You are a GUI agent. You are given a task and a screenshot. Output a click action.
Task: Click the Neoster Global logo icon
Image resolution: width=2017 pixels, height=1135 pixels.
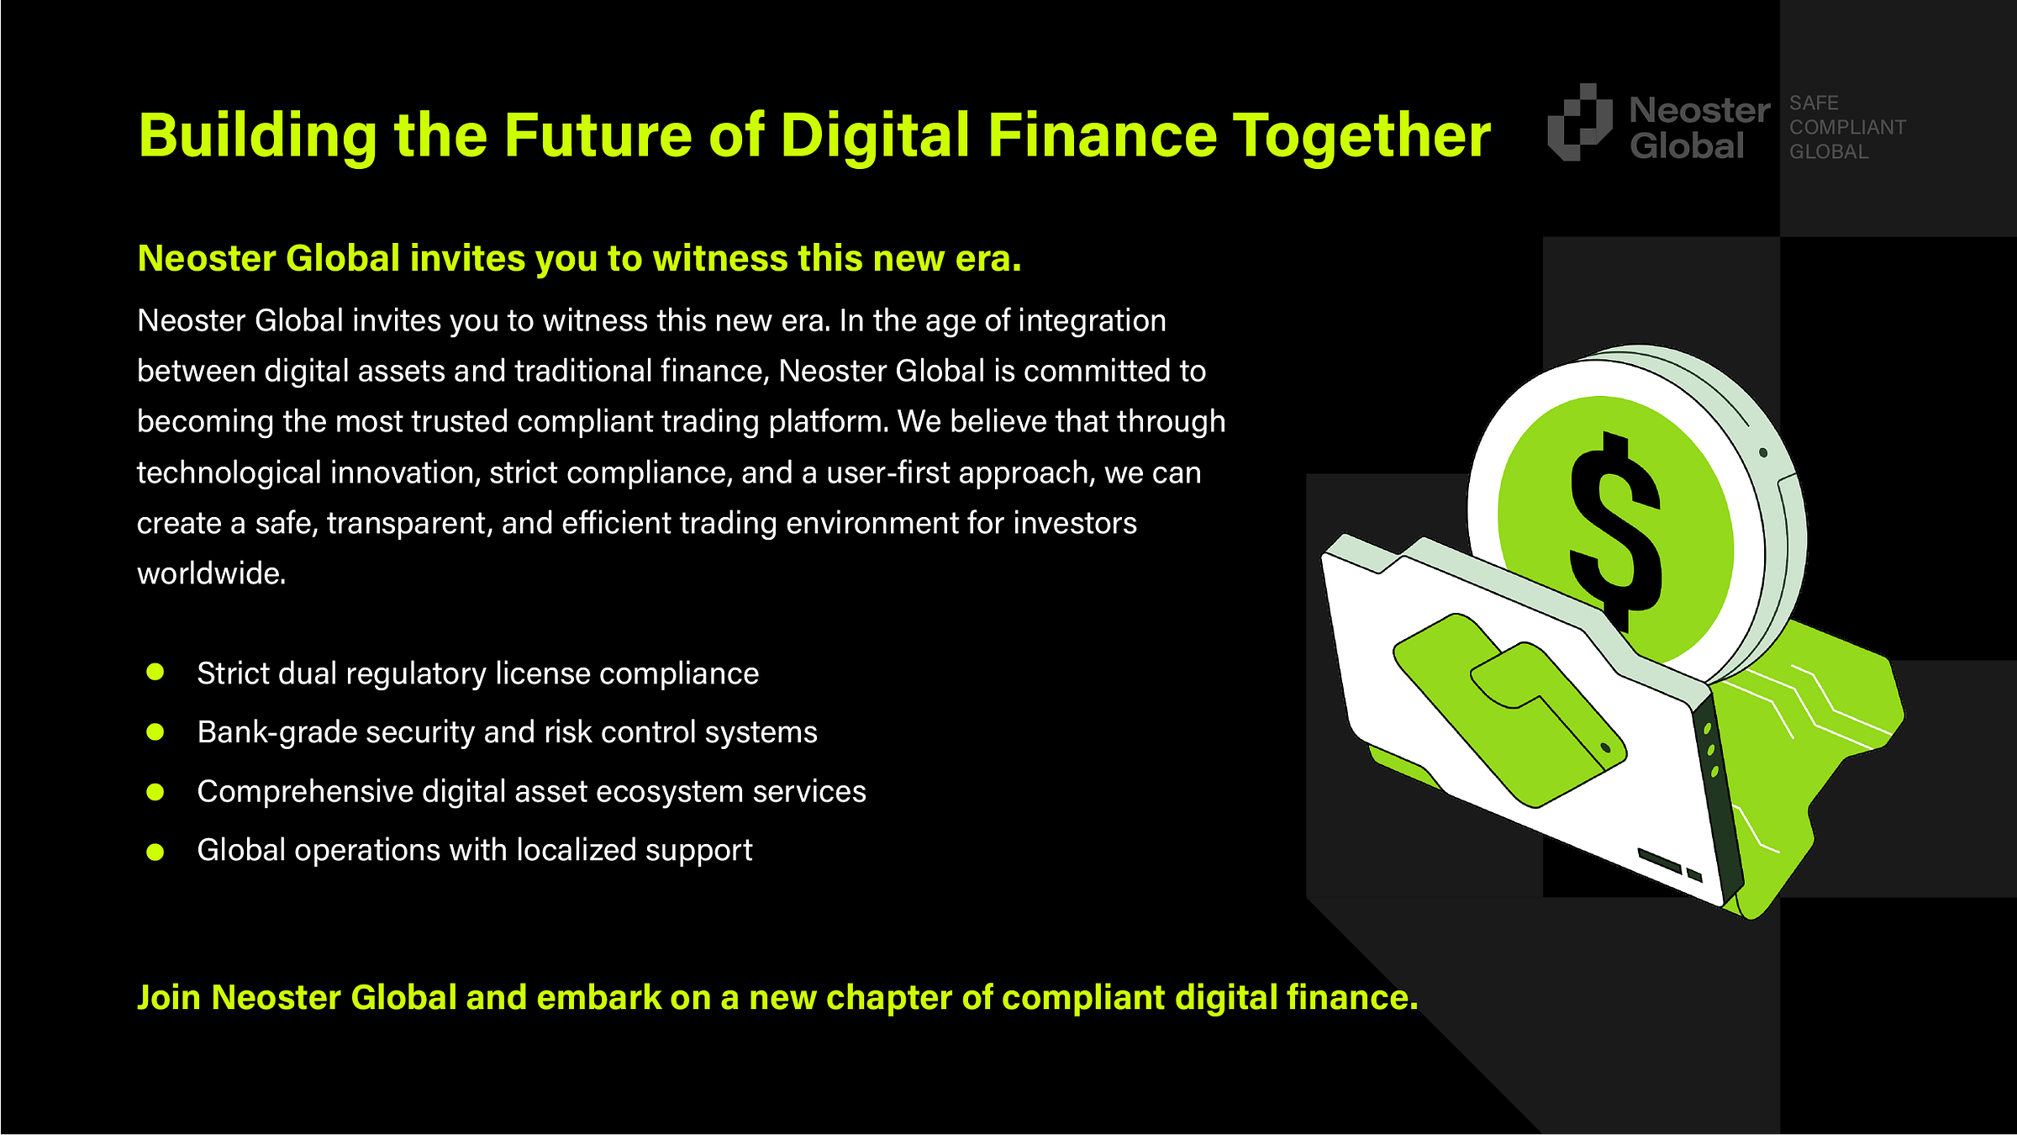1580,122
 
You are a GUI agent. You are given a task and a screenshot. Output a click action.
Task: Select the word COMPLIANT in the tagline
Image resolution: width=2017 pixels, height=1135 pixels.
1847,127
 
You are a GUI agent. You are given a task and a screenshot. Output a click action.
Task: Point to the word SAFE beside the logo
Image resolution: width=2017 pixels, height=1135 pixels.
1814,103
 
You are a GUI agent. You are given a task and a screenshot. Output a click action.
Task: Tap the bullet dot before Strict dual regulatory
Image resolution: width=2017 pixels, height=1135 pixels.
155,672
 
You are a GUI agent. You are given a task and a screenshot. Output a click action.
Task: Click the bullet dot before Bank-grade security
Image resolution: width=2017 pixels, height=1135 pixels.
155,731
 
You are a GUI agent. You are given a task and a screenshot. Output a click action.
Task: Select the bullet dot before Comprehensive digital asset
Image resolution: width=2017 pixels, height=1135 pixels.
155,792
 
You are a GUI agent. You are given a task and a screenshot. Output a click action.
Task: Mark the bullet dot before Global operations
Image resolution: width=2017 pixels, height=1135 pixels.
155,852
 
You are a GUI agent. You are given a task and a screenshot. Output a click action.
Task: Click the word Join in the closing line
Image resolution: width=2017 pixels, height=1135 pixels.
169,998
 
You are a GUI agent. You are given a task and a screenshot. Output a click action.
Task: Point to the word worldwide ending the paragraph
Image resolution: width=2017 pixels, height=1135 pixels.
212,573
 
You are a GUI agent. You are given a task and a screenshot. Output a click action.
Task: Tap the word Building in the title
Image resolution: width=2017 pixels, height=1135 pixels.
259,137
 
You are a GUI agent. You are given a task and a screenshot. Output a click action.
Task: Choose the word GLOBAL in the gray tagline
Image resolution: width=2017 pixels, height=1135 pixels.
1829,152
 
